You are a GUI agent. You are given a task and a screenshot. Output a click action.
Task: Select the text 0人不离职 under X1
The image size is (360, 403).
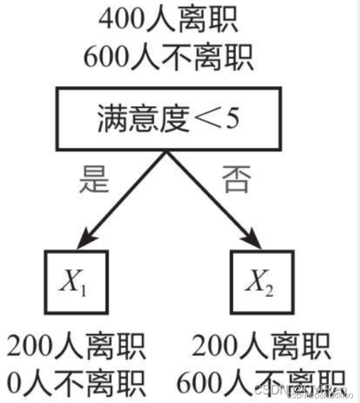pyautogui.click(x=77, y=384)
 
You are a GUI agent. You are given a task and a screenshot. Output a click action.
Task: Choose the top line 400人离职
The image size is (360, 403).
pyautogui.click(x=168, y=21)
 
